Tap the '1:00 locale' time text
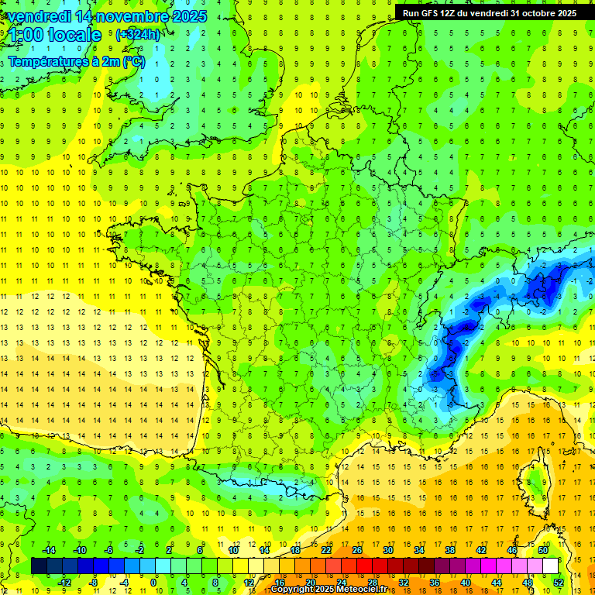pos(55,35)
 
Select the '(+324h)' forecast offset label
pos(138,34)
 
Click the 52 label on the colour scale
pos(558,582)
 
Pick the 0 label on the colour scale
pos(153,582)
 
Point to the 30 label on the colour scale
pos(387,550)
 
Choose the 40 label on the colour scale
pos(465,582)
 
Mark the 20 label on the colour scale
pos(310,582)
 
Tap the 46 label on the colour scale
pos(512,550)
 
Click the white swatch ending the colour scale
pos(550,566)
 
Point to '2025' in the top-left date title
pos(189,15)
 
